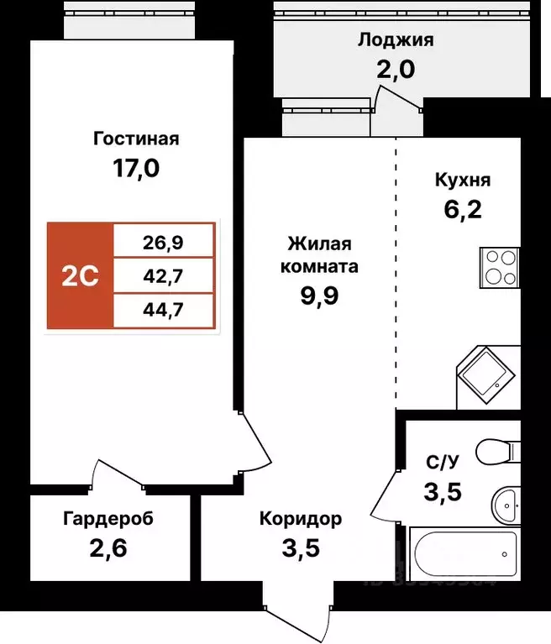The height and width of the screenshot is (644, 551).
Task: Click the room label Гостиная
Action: [x=135, y=139]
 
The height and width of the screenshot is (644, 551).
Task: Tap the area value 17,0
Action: [x=135, y=169]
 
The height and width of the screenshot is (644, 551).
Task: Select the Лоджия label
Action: [x=396, y=39]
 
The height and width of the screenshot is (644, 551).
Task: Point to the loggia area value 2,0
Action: [x=396, y=69]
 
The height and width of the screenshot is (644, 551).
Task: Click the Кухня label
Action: [x=462, y=180]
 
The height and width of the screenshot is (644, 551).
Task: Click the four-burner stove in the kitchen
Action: [x=501, y=268]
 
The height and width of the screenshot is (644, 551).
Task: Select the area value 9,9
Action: [x=323, y=298]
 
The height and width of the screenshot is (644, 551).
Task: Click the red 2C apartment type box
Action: [x=80, y=275]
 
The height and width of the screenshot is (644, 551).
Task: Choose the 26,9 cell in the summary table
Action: [x=165, y=243]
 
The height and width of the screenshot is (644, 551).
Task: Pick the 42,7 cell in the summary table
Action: [x=165, y=275]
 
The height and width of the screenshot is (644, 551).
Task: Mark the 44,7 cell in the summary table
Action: [x=165, y=308]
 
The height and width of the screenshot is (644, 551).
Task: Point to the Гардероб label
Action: [x=108, y=519]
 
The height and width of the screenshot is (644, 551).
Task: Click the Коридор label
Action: [x=300, y=519]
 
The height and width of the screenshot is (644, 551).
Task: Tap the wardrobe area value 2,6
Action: [x=108, y=550]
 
